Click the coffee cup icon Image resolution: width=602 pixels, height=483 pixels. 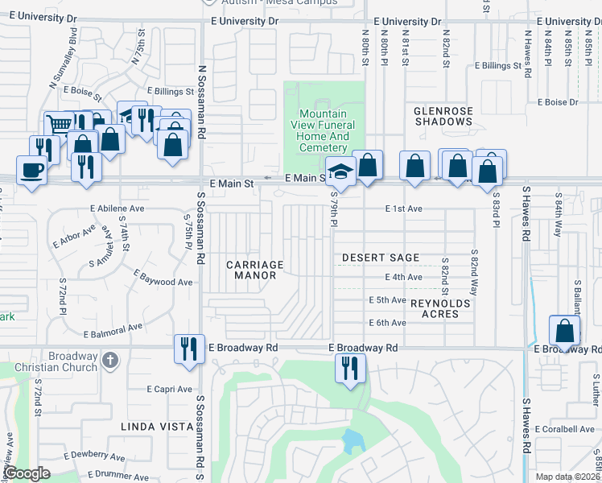coord(31,171)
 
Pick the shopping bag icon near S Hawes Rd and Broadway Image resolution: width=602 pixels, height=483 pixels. coord(565,330)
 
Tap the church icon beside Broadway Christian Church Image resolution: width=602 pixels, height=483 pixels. coord(109,363)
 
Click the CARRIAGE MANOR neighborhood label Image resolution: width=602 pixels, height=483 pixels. coord(255,270)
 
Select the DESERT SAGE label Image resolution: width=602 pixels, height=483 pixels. coord(381,258)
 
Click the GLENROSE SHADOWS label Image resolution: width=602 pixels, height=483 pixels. coord(443,116)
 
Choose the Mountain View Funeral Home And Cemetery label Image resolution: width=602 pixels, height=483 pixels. coord(324,131)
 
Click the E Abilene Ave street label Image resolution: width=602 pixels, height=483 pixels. coord(117,208)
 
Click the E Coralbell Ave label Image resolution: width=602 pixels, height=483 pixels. coord(568,428)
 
